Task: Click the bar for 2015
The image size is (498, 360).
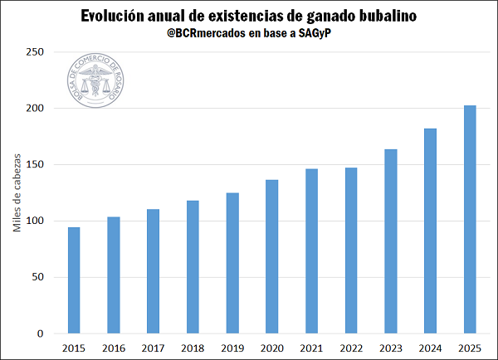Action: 74,280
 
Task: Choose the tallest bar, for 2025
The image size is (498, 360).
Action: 470,220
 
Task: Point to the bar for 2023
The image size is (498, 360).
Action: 390,241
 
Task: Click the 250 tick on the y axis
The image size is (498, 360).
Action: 37,52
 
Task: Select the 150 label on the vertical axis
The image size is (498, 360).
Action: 37,165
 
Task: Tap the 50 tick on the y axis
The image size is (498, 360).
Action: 40,278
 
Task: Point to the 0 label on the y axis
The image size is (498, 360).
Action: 42,334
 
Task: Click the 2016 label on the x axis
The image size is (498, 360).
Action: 113,348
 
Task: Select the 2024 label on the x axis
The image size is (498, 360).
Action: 430,348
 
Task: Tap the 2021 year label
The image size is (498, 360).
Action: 311,348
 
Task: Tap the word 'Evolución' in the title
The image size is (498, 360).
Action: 115,16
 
